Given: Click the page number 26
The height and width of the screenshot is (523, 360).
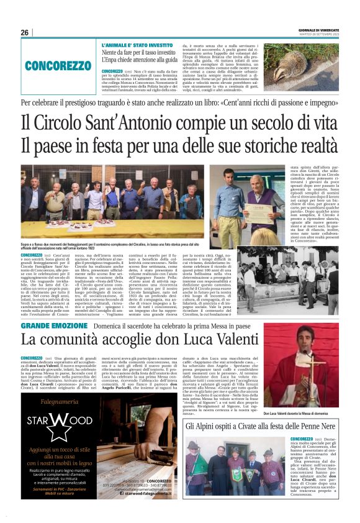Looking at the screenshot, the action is pos(25,33).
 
